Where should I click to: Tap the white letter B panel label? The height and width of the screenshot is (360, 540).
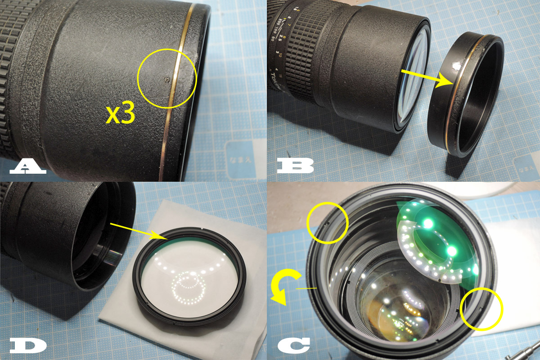pyautogui.click(x=295, y=165)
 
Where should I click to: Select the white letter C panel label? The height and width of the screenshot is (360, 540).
pyautogui.click(x=293, y=345)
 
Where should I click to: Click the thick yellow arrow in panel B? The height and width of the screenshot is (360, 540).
pyautogui.click(x=428, y=77)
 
